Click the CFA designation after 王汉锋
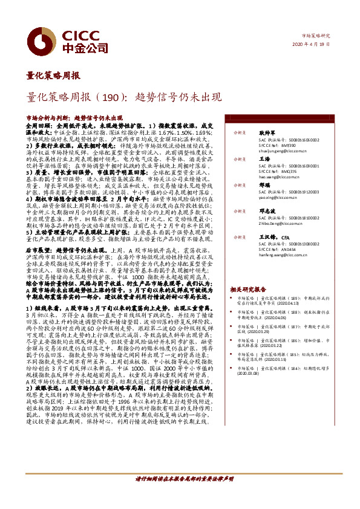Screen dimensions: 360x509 click(x=286, y=238)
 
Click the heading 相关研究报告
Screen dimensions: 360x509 click(x=248, y=290)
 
